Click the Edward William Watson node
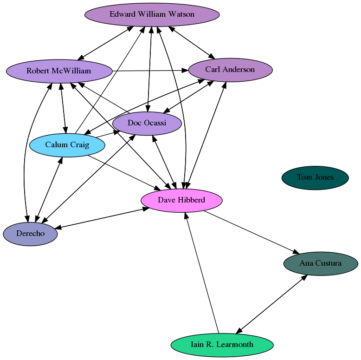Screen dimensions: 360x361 152,14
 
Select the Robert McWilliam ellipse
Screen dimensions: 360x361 59,71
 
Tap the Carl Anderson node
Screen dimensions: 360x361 230,70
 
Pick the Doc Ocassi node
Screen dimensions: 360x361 147,123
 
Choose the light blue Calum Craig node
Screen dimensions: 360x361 67,145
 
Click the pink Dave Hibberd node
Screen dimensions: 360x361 181,200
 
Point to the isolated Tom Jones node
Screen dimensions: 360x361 315,177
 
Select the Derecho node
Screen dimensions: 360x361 30,234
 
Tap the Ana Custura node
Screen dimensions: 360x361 320,263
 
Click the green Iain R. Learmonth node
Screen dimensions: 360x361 222,345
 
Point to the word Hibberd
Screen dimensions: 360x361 191,200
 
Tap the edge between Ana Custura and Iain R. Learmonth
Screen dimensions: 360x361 271,304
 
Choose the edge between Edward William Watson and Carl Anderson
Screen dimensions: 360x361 192,44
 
